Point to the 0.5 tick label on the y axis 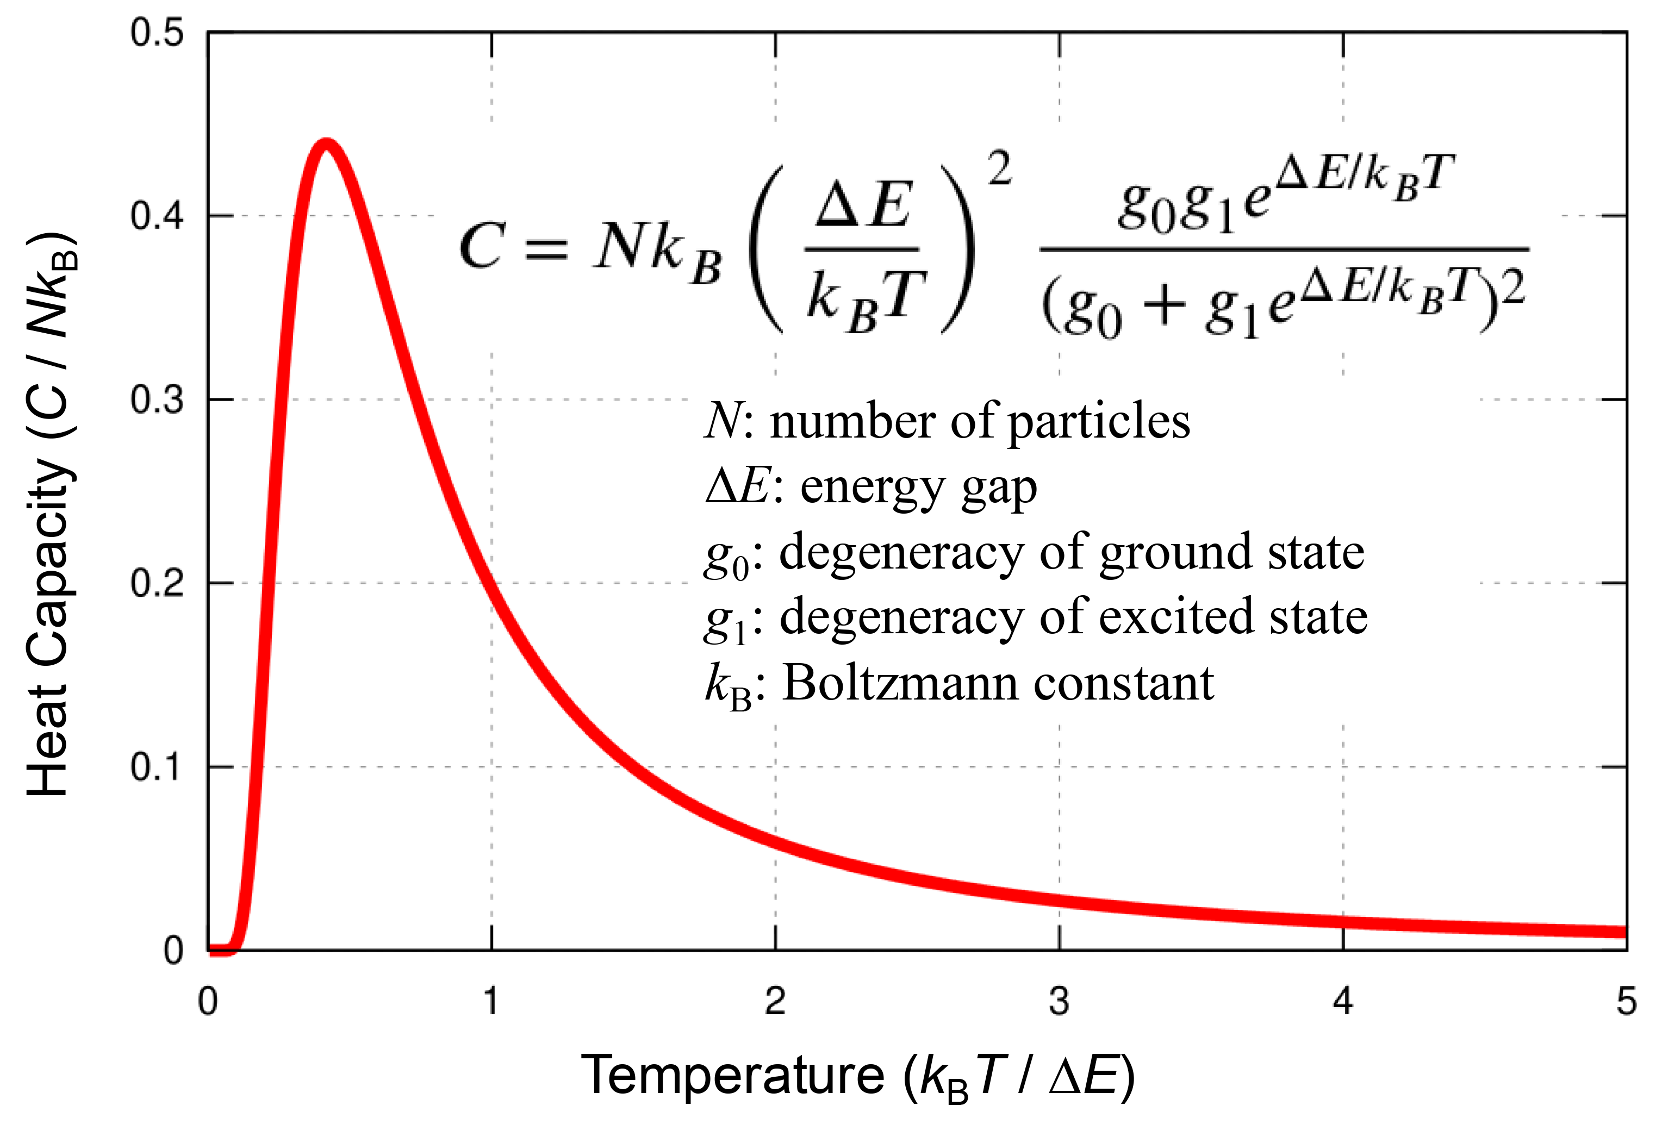(x=157, y=33)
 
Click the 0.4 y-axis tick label (x=157, y=216)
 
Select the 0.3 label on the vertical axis (x=157, y=399)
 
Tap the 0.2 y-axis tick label (x=157, y=583)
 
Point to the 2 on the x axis (x=775, y=1002)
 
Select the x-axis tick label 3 (x=1059, y=1002)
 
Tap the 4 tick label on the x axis (x=1343, y=1002)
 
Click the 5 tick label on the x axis (x=1626, y=1002)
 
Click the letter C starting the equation (x=482, y=247)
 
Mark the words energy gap (x=918, y=489)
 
